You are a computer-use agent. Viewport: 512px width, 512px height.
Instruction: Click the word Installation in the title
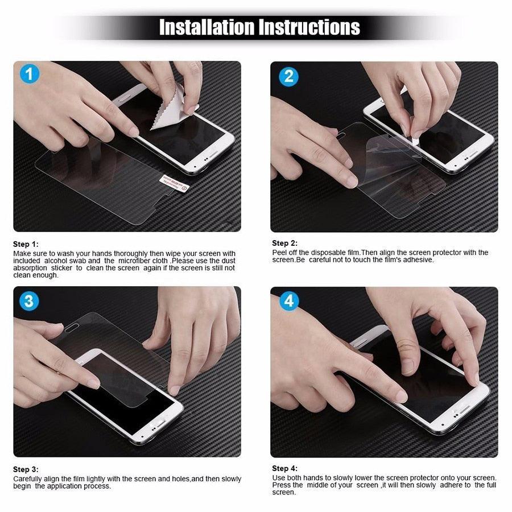click(x=207, y=27)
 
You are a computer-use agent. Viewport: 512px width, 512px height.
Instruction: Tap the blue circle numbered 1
click(x=30, y=75)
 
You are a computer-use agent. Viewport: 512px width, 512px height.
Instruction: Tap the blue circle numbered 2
click(x=288, y=76)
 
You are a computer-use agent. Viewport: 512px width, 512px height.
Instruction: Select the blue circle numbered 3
click(x=29, y=301)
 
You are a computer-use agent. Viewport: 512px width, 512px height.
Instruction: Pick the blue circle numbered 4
click(x=288, y=301)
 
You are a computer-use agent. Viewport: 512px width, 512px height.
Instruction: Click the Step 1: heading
click(x=26, y=244)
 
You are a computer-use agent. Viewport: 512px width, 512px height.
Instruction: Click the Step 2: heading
click(x=284, y=243)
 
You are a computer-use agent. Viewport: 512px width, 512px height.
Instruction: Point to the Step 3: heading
click(x=26, y=469)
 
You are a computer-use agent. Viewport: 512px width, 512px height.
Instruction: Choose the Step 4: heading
click(x=284, y=468)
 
